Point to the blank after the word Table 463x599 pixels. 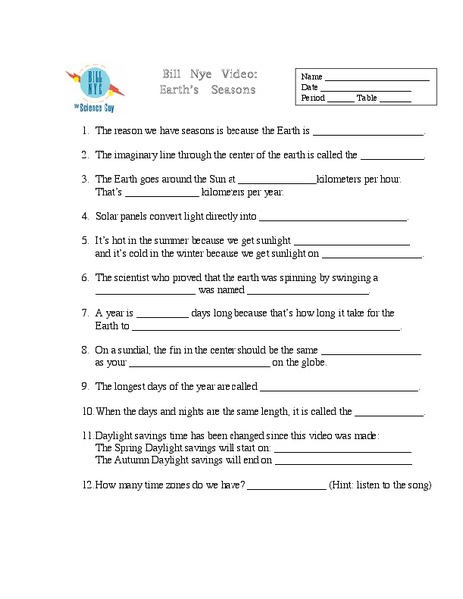(x=396, y=99)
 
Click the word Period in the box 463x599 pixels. (x=313, y=98)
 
